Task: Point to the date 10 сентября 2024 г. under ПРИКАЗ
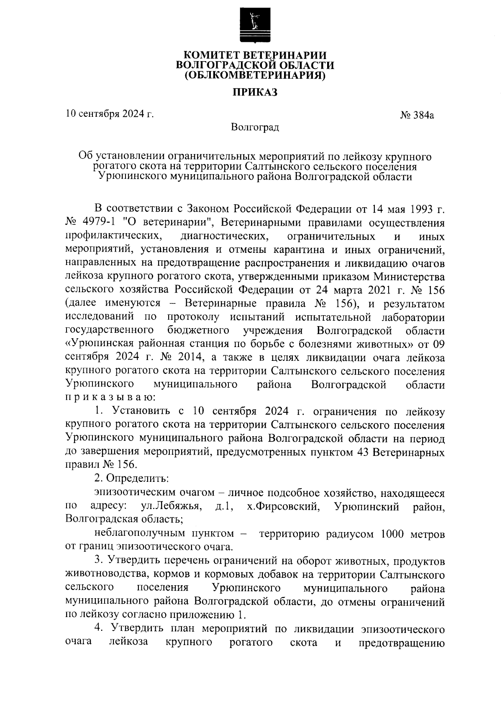coord(110,113)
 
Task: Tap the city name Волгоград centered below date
coord(255,127)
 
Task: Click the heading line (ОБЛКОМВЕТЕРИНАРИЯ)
coord(255,75)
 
